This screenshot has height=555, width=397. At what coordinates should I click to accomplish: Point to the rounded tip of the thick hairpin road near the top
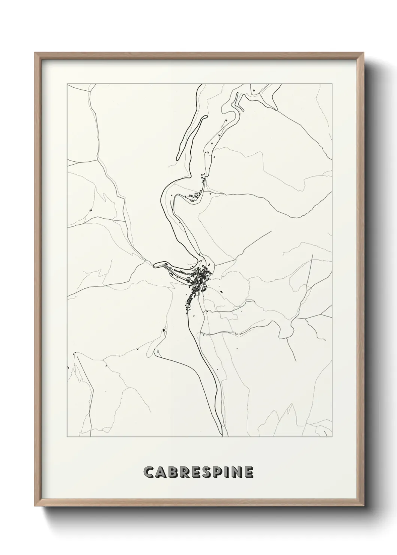pyautogui.click(x=206, y=117)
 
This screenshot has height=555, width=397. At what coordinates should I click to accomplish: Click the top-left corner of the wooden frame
pyautogui.click(x=35, y=53)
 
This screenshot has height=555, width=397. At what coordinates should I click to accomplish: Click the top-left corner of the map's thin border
pyautogui.click(x=67, y=84)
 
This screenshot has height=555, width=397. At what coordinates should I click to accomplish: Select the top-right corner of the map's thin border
pyautogui.click(x=332, y=84)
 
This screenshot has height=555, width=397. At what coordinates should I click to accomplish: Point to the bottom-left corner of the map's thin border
pyautogui.click(x=67, y=437)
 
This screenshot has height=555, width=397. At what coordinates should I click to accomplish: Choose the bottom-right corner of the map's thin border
pyautogui.click(x=332, y=437)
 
